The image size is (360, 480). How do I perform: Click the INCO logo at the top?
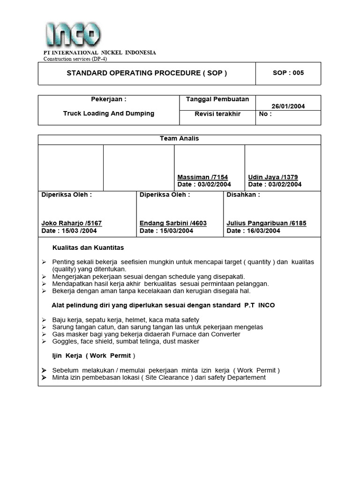click(x=73, y=34)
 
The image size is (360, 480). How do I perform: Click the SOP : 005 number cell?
click(x=288, y=73)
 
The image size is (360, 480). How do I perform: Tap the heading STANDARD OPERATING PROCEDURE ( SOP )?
click(x=147, y=73)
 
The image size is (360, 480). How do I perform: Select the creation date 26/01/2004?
click(x=288, y=106)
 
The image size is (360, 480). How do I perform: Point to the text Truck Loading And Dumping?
click(x=108, y=113)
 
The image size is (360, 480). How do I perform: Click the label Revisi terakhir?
click(x=217, y=113)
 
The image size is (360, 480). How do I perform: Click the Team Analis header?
click(x=180, y=139)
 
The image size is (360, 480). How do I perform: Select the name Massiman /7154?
click(x=202, y=177)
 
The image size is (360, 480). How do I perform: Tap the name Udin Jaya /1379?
click(x=273, y=177)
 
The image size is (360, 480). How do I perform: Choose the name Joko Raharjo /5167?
click(x=72, y=223)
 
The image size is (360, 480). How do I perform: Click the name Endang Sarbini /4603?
click(x=173, y=223)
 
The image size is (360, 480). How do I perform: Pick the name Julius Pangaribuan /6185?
click(x=266, y=223)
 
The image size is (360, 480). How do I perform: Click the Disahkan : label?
click(x=243, y=195)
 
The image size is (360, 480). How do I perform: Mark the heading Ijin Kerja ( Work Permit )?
click(x=94, y=356)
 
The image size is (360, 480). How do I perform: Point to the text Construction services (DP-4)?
click(x=75, y=59)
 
